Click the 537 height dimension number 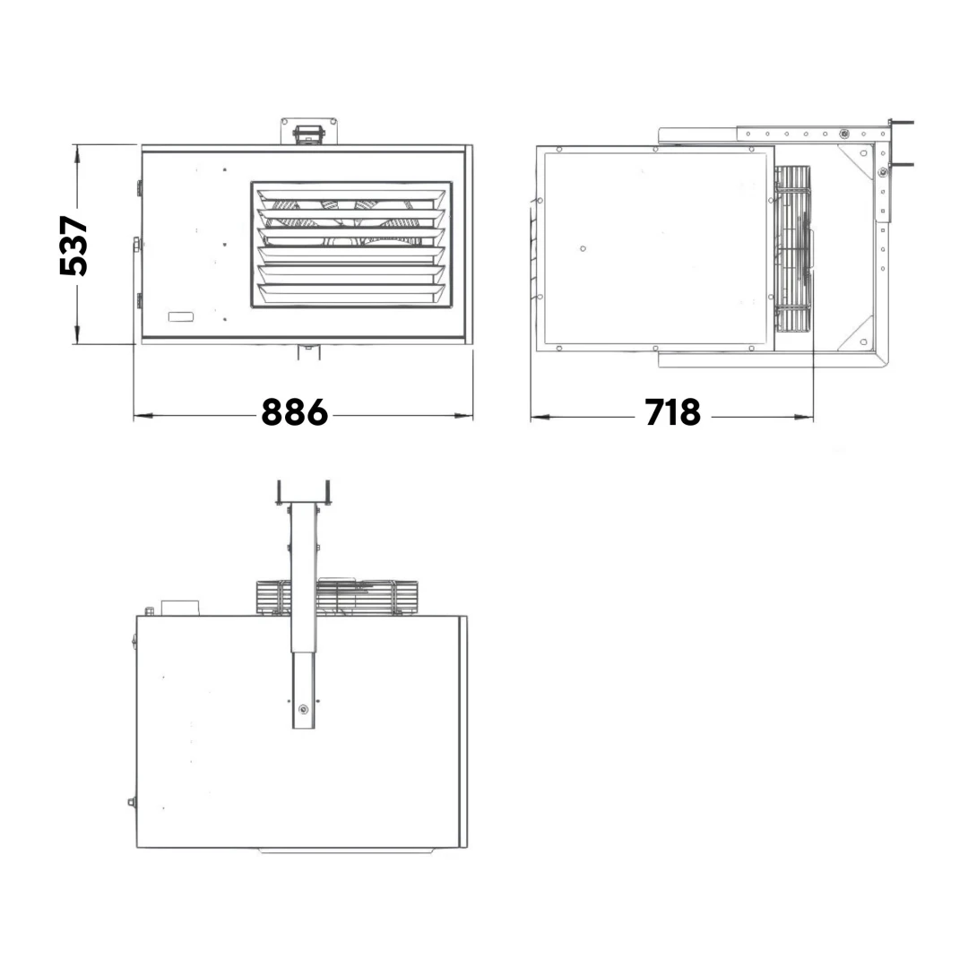click(73, 245)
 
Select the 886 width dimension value click(295, 412)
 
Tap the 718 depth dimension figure click(673, 412)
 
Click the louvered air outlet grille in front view click(351, 245)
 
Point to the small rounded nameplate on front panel click(181, 317)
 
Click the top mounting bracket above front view click(308, 131)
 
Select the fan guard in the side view click(793, 248)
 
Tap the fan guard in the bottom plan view click(337, 597)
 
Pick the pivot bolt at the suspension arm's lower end click(304, 709)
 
